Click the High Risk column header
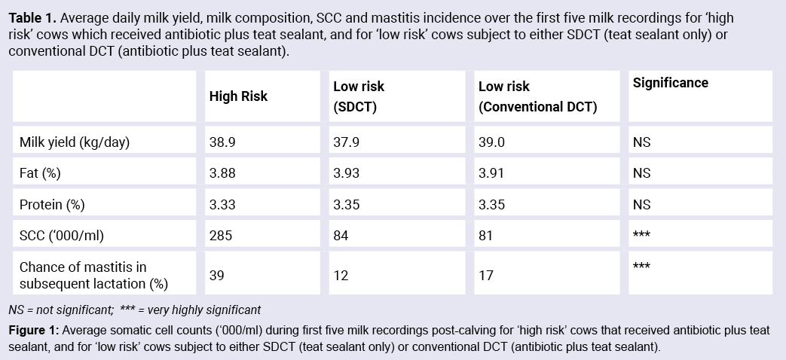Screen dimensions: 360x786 pos(238,96)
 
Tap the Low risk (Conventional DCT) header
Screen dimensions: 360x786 pos(537,96)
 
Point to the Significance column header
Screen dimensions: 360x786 pos(670,83)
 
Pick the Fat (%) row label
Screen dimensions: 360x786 pos(40,173)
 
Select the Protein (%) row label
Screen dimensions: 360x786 pos(50,204)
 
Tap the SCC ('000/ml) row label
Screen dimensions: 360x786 pos(61,236)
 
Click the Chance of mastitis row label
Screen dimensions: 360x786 pos(83,275)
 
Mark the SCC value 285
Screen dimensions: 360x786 pos(219,236)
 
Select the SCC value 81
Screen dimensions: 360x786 pos(485,236)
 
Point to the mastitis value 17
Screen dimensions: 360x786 pos(485,275)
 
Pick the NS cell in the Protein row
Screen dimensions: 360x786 pos(641,204)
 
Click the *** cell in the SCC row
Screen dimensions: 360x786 pos(641,236)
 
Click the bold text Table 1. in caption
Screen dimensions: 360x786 pos(29,18)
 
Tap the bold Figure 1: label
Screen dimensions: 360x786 pos(34,331)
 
